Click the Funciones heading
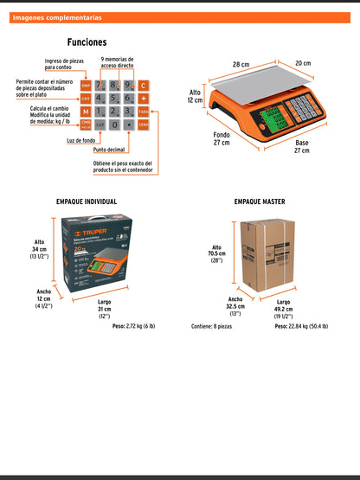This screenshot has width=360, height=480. tap(87, 42)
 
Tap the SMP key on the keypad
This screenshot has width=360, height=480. tap(86, 85)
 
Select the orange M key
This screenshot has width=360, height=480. tap(86, 112)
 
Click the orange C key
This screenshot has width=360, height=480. tap(144, 85)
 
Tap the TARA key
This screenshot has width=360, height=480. tap(144, 112)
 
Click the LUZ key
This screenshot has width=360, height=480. tap(100, 125)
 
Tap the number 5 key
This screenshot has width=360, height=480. tap(114, 99)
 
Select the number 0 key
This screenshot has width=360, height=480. tap(114, 125)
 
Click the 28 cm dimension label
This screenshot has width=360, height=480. tap(240, 63)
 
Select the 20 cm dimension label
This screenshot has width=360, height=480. tap(301, 62)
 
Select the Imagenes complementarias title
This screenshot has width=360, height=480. tap(57, 17)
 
